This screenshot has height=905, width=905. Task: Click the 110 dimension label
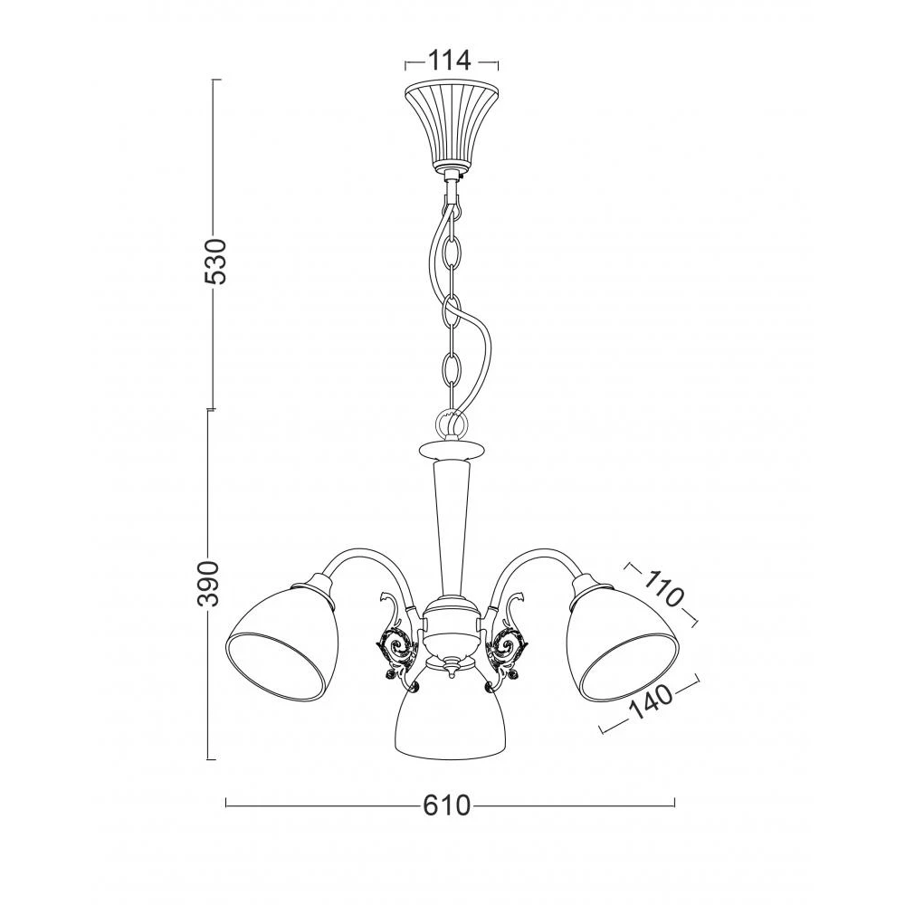[663, 587]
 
